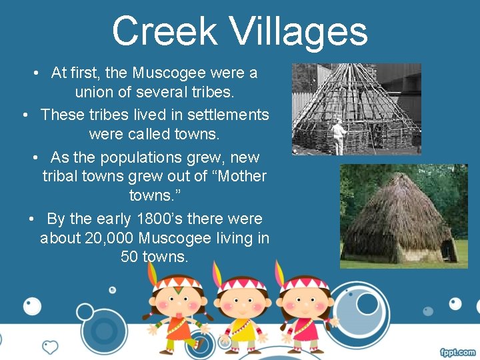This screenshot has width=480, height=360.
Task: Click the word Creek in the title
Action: (165, 32)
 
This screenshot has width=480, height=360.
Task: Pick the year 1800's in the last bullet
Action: (160, 219)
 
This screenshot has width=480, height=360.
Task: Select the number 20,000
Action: (112, 238)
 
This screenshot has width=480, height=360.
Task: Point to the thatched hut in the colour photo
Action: (398, 217)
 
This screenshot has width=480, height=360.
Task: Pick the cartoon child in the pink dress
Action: (305, 310)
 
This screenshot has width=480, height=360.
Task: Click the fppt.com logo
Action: (458, 352)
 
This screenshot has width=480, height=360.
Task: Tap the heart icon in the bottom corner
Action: (50, 347)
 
